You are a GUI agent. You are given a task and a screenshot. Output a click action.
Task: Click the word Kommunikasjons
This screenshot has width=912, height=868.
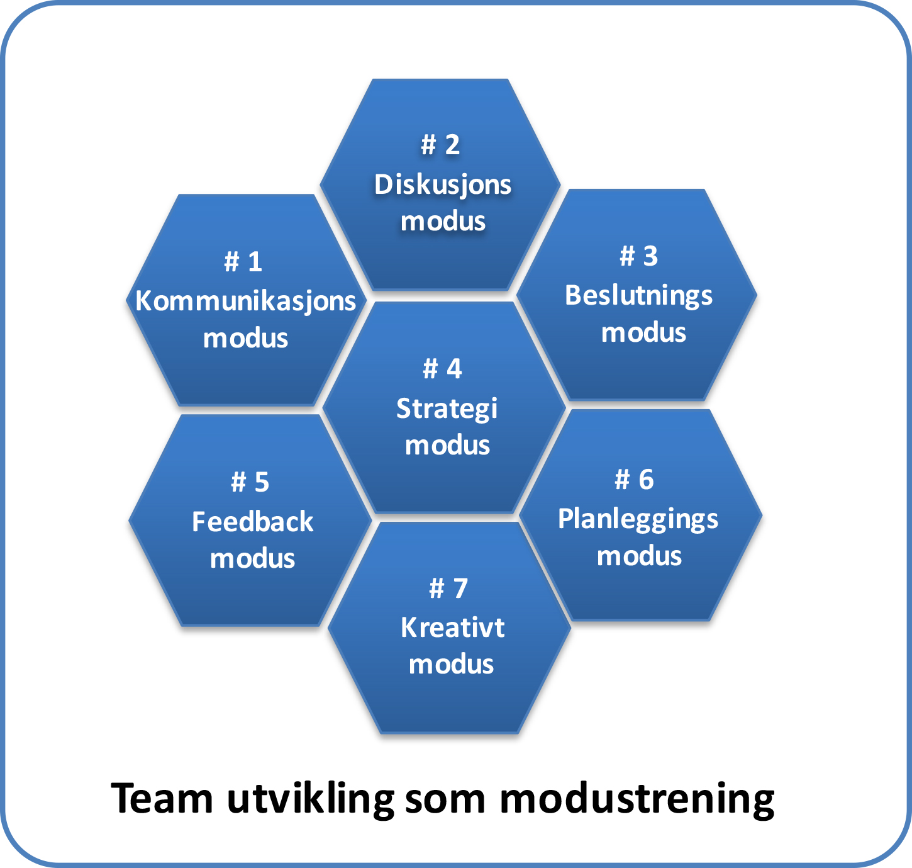(x=245, y=302)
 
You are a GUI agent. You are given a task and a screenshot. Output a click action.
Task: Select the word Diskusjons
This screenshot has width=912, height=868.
(x=443, y=185)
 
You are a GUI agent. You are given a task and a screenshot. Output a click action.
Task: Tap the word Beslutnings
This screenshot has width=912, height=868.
(x=638, y=295)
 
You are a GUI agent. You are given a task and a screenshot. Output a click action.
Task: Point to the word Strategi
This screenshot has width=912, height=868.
(x=447, y=409)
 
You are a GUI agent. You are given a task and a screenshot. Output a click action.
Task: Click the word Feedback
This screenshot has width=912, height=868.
(x=252, y=522)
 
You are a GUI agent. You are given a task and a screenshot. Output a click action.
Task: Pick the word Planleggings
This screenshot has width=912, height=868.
(x=638, y=519)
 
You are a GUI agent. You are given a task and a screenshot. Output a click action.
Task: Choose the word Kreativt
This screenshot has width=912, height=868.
(x=452, y=628)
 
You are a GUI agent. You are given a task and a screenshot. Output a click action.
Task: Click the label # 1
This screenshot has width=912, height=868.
(x=243, y=262)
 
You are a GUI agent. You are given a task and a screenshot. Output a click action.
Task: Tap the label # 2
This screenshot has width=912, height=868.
(x=440, y=145)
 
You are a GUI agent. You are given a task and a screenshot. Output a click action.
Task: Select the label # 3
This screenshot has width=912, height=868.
(x=638, y=256)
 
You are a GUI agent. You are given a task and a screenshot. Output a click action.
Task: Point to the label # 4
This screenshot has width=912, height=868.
(x=442, y=369)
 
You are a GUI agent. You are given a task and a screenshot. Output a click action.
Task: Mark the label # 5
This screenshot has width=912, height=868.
(x=250, y=483)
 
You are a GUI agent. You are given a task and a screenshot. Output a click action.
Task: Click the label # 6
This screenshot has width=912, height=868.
(x=634, y=480)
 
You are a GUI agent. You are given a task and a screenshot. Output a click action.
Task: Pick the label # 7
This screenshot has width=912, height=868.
(x=448, y=589)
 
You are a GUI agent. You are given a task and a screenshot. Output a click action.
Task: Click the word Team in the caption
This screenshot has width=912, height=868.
(x=162, y=799)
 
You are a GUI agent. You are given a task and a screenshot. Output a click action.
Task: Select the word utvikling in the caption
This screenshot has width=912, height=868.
(x=310, y=799)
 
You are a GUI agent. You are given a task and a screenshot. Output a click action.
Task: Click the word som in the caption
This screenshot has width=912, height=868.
(x=445, y=799)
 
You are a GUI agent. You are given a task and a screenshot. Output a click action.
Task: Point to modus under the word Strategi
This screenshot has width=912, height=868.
(x=447, y=446)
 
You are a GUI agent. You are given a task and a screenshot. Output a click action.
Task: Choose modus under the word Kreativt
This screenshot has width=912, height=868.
(x=451, y=665)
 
